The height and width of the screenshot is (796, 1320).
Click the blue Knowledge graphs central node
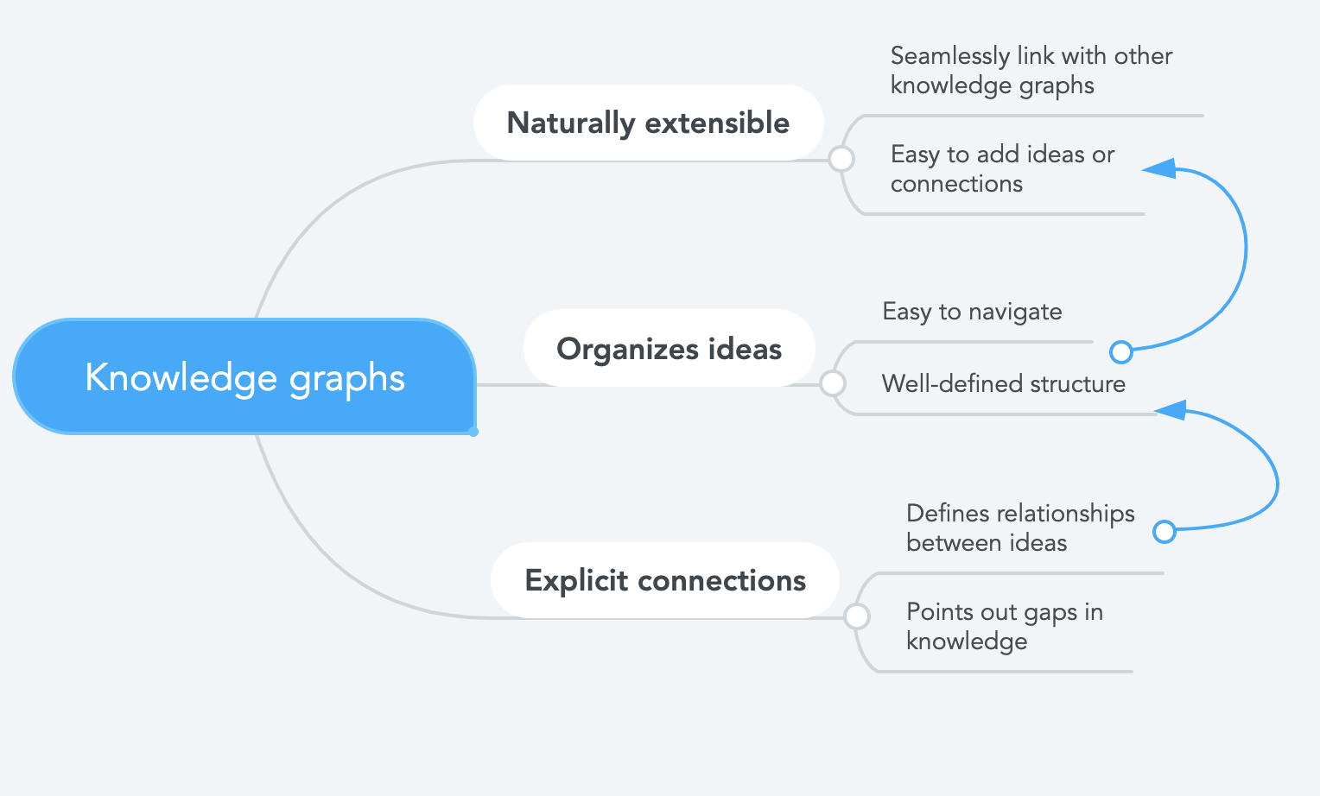(x=244, y=376)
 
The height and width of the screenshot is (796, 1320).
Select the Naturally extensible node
(x=648, y=123)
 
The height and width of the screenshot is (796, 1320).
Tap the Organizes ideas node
(x=670, y=348)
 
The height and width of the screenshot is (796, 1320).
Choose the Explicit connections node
(x=665, y=580)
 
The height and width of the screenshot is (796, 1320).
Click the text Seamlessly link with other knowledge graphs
(x=1031, y=71)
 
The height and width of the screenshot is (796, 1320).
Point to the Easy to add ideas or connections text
(x=1002, y=169)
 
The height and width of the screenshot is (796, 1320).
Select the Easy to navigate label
(x=972, y=312)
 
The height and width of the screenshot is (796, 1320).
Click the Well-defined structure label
(x=1004, y=384)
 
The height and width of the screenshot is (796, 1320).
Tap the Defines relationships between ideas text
(x=1020, y=528)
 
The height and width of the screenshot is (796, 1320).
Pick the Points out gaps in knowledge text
(x=1005, y=627)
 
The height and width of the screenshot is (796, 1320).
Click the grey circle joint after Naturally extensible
(x=841, y=159)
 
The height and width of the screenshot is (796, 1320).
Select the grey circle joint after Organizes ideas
(x=832, y=384)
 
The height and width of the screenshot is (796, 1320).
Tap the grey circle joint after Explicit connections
(x=857, y=616)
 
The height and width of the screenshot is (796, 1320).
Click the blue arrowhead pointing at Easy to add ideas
(x=1159, y=168)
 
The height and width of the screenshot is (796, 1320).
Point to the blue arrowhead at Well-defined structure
(x=1171, y=410)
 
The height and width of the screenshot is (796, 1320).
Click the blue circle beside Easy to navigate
(x=1120, y=352)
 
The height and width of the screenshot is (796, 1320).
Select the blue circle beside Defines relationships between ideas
(x=1165, y=532)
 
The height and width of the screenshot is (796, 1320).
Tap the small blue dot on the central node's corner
(x=473, y=433)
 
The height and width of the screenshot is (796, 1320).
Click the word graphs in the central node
(x=347, y=378)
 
